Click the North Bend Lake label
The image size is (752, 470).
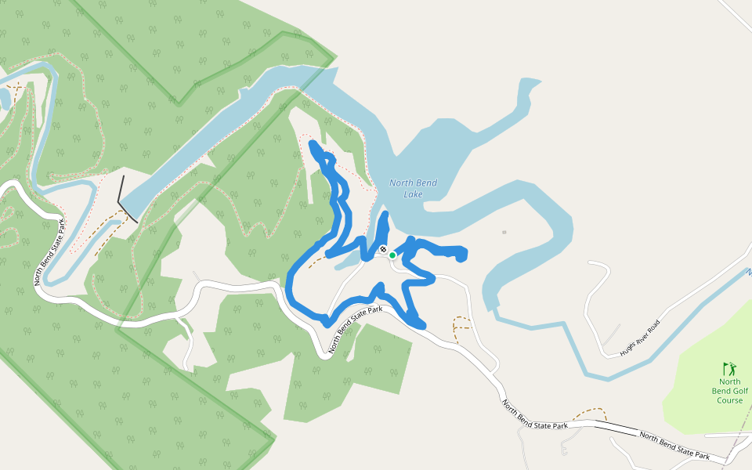tap(413, 188)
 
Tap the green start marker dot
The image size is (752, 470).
tap(392, 255)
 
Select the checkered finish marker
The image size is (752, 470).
tap(383, 250)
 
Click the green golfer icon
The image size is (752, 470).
tap(729, 368)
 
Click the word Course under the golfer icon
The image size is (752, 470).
tap(729, 400)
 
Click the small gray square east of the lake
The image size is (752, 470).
tap(504, 232)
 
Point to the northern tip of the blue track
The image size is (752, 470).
tap(313, 145)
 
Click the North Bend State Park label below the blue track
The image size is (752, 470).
tap(356, 330)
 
